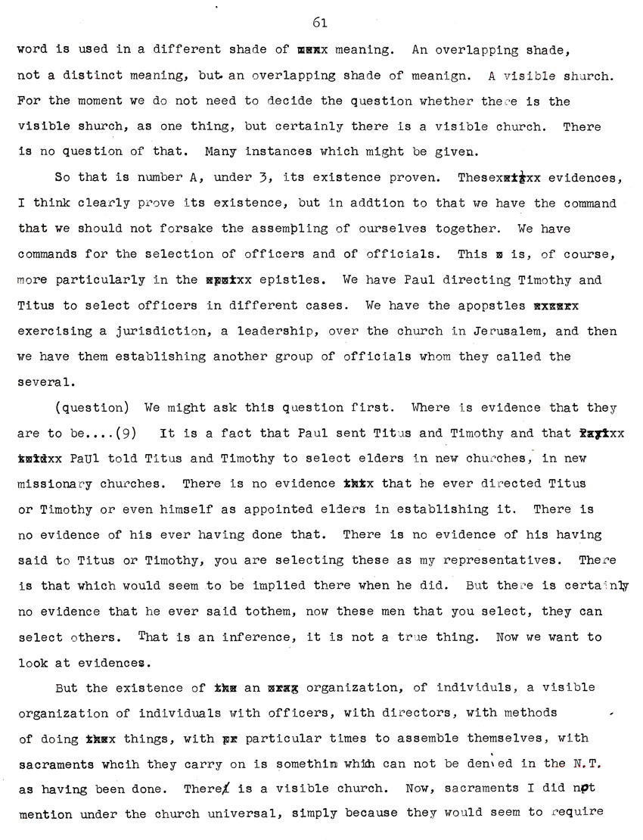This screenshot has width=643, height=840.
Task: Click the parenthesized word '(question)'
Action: pos(89,408)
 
